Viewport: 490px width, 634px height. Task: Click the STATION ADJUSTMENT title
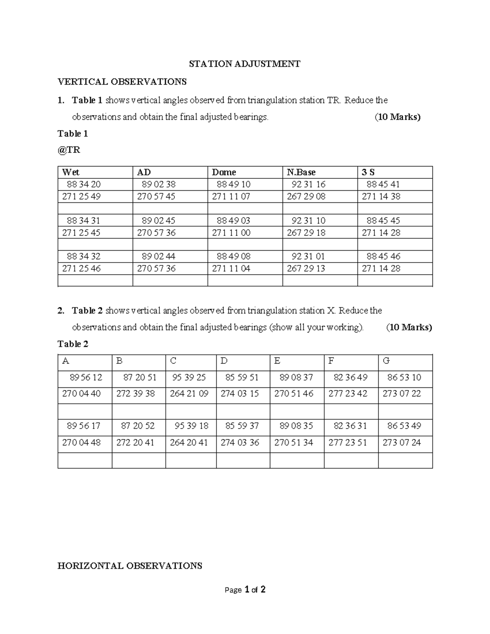(244, 64)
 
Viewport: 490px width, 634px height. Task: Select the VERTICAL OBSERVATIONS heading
(122, 82)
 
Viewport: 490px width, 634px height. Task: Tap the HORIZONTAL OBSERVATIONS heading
(130, 566)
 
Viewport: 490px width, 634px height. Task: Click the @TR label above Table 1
(69, 150)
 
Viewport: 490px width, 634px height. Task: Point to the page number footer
(245, 590)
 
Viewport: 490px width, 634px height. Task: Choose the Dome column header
(224, 172)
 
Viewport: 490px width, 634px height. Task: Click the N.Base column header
(301, 172)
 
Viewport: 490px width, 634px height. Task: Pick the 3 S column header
(368, 172)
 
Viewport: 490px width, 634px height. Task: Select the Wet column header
(71, 172)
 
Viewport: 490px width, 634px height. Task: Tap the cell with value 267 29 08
(306, 196)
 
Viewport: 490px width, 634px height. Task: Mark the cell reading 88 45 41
(383, 185)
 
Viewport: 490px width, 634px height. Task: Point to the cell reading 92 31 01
(308, 256)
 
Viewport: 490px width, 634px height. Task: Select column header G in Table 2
(386, 361)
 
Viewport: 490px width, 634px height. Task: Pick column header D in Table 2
(224, 361)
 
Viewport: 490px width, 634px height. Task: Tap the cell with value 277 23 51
(347, 443)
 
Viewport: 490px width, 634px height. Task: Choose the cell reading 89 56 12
(86, 377)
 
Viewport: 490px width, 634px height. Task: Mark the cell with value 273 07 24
(401, 443)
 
